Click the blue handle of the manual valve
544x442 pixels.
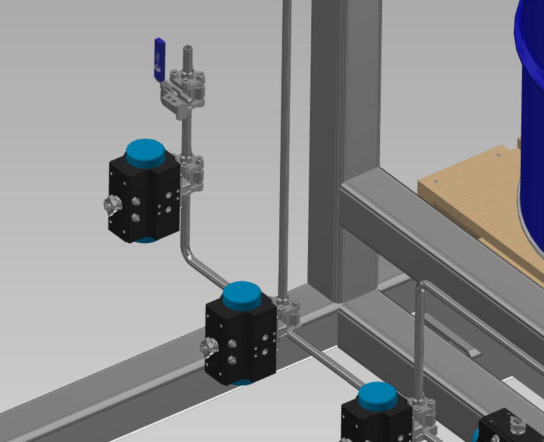(159, 59)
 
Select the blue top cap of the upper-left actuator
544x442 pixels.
(146, 153)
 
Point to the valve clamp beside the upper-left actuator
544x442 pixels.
(193, 171)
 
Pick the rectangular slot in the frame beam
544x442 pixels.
(463, 347)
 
